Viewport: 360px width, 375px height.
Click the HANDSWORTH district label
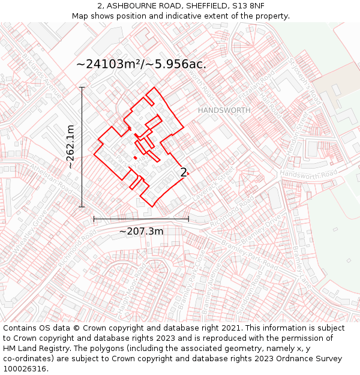point(224,110)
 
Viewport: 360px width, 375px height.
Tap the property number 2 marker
point(184,173)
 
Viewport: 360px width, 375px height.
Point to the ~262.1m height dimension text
point(70,146)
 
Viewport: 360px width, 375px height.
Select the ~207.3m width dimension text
point(141,231)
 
